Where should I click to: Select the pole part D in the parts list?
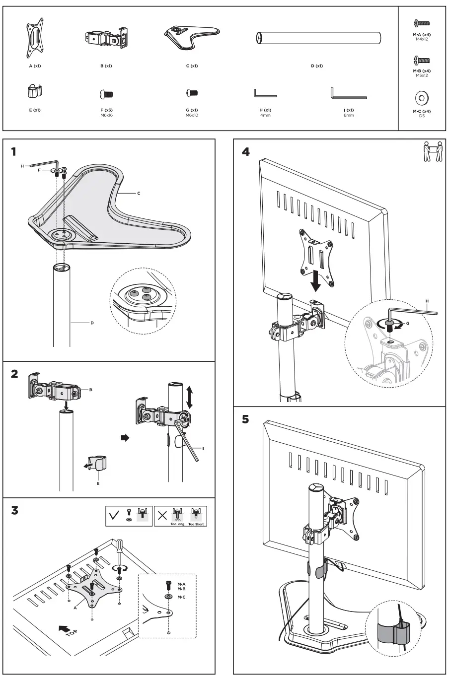318,38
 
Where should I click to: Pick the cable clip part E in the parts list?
34,91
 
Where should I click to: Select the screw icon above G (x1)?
192,93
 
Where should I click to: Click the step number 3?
15,510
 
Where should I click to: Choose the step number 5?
245,419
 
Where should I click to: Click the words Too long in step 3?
177,524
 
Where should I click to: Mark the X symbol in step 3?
162,517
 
